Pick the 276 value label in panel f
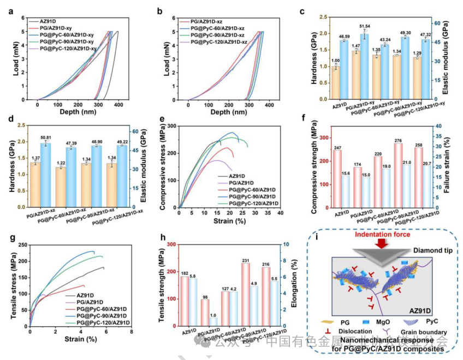pyautogui.click(x=398, y=140)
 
